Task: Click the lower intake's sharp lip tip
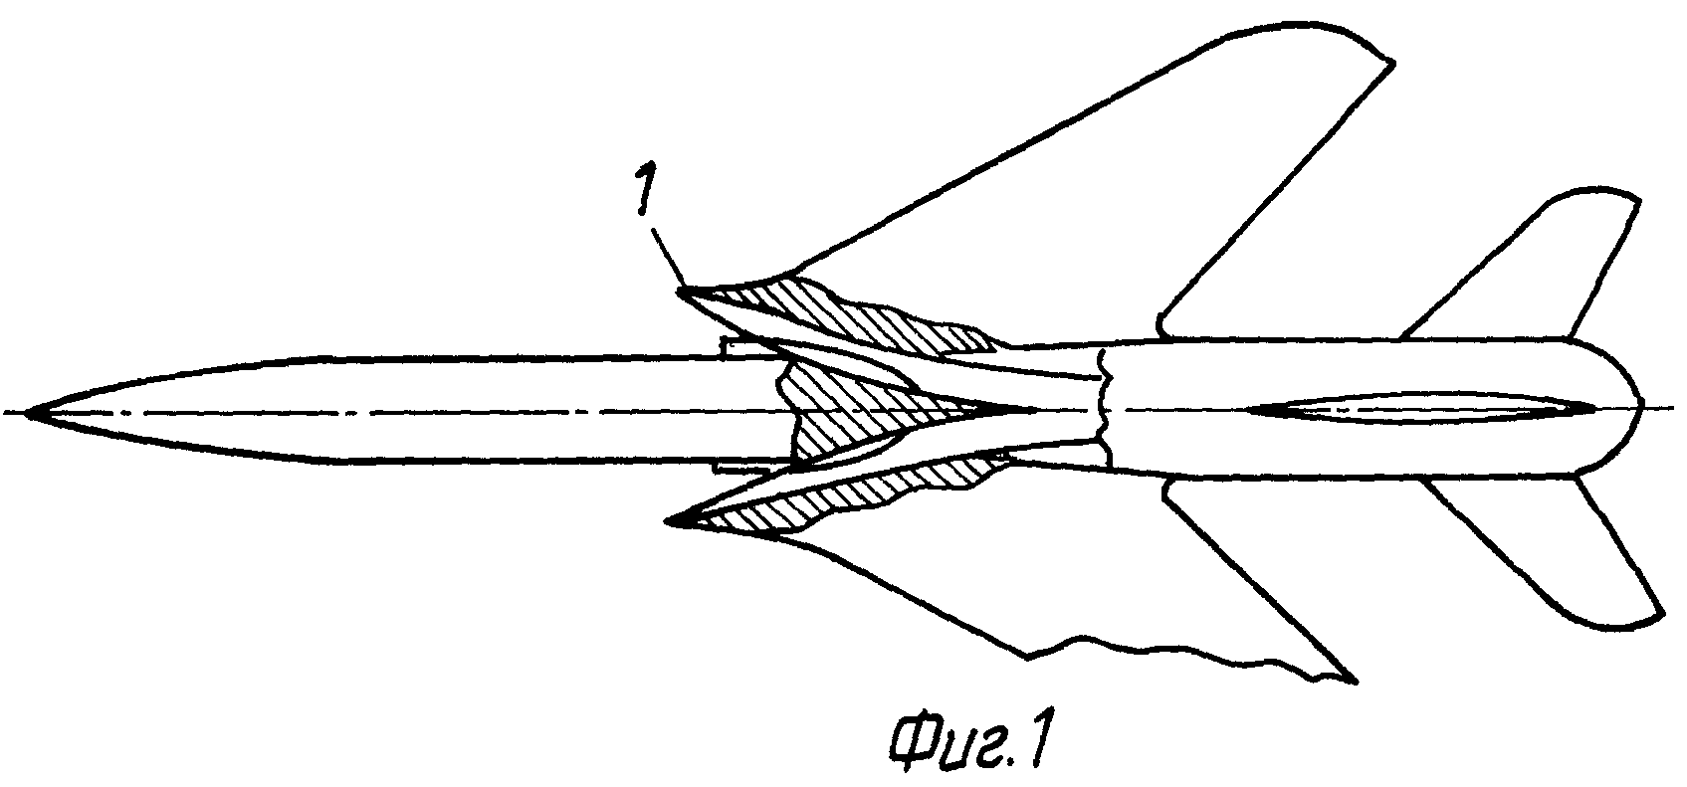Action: pyautogui.click(x=669, y=520)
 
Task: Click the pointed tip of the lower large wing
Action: pyautogui.click(x=1355, y=682)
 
